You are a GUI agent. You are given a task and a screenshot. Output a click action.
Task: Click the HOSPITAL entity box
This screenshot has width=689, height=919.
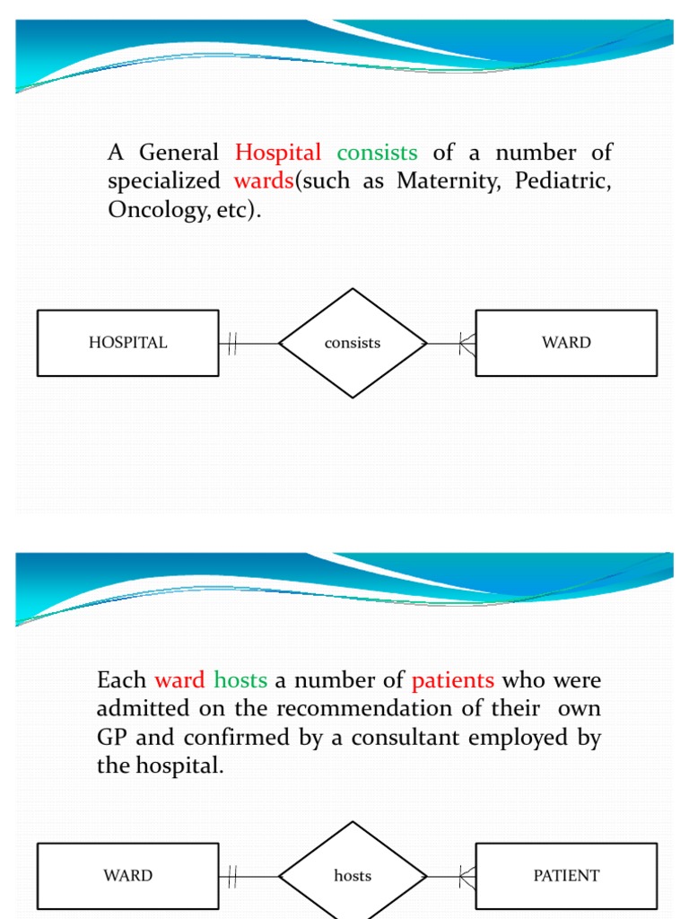click(x=127, y=343)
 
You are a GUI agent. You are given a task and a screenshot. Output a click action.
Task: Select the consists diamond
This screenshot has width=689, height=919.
click(x=353, y=343)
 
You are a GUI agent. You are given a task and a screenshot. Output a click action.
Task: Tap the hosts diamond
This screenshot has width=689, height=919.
click(x=353, y=876)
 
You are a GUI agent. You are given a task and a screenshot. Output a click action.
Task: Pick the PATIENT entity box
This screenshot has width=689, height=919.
click(x=566, y=876)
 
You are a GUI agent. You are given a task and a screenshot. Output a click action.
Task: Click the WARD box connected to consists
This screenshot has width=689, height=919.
click(x=566, y=343)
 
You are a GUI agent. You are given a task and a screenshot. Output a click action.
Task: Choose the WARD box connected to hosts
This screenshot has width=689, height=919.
click(x=127, y=876)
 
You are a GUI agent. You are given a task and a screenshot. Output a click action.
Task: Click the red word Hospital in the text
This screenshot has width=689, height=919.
click(x=278, y=153)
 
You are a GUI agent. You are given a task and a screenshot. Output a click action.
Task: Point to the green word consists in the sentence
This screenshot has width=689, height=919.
click(x=377, y=153)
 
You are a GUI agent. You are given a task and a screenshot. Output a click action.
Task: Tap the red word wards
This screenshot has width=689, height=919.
click(x=264, y=181)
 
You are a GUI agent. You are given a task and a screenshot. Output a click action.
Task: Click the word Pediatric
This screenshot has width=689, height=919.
click(x=563, y=181)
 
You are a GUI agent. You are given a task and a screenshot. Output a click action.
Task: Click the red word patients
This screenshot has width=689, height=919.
click(x=453, y=680)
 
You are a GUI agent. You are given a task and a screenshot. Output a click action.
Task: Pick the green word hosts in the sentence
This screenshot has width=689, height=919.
click(x=240, y=680)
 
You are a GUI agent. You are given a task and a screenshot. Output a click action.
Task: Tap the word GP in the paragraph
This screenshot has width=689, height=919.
click(x=112, y=738)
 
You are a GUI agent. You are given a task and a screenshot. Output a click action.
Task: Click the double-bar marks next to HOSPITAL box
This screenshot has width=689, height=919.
click(x=231, y=343)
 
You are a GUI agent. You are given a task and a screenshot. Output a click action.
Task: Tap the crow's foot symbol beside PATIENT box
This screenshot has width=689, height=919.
click(x=467, y=876)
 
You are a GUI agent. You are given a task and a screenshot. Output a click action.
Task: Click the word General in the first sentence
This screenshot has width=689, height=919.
click(x=179, y=153)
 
